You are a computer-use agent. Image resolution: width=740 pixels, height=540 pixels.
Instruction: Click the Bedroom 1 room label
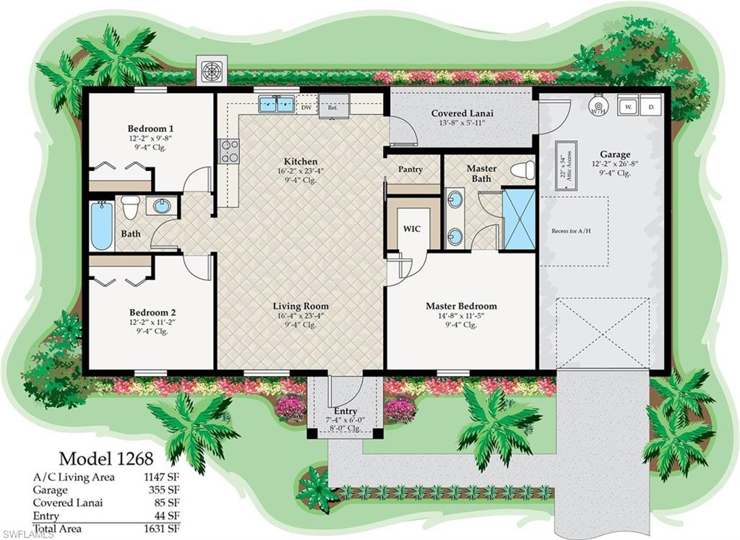click(150, 129)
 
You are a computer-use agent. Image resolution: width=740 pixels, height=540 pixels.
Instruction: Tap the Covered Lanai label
click(462, 113)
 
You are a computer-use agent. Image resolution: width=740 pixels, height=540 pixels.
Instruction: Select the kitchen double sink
click(276, 104)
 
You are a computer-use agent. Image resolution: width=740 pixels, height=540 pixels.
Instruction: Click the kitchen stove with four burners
click(229, 150)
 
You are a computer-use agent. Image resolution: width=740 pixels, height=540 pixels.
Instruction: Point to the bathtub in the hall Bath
click(102, 225)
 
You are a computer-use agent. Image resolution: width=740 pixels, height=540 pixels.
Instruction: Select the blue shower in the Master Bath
click(519, 217)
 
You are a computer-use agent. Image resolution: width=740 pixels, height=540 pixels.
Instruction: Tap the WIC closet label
click(412, 228)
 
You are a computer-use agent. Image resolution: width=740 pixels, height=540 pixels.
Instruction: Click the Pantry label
click(410, 170)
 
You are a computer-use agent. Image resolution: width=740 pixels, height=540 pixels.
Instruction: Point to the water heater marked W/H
click(597, 107)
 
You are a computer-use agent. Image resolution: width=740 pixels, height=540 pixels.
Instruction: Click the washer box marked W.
click(629, 105)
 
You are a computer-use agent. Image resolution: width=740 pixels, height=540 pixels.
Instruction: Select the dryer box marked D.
click(650, 105)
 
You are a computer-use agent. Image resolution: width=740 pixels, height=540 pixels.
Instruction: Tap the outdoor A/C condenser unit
click(212, 71)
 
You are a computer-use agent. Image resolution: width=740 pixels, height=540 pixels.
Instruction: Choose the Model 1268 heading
click(106, 458)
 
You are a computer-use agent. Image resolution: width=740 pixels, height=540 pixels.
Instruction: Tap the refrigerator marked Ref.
click(333, 106)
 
